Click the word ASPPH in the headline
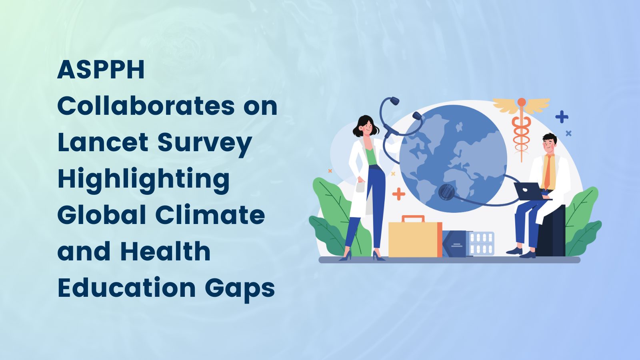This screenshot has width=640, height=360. click(x=101, y=70)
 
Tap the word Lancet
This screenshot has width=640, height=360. click(x=103, y=142)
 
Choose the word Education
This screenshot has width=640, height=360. click(x=126, y=288)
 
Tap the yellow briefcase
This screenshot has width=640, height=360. click(x=414, y=239)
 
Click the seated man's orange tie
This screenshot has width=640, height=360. click(x=548, y=172)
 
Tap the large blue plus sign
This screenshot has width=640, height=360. click(x=562, y=117)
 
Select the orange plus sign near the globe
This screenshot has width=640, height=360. click(x=398, y=194)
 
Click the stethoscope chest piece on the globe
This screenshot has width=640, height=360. click(x=446, y=193)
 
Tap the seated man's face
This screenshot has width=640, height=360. click(x=550, y=144)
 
